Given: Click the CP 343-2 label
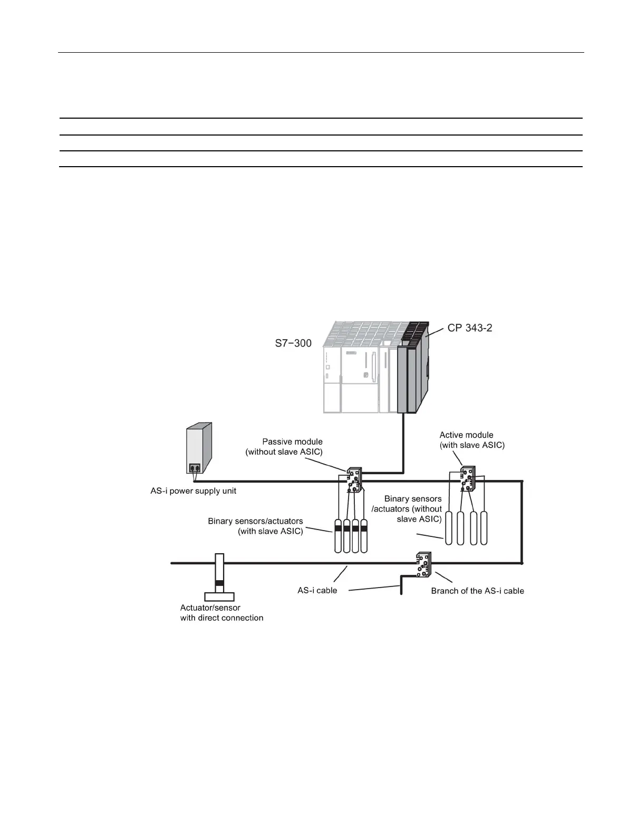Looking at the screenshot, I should point(470,328).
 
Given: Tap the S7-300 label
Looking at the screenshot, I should point(293,343).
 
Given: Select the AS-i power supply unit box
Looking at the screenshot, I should point(199,447).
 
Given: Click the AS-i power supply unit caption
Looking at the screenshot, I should point(194,491).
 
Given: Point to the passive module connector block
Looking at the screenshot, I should point(353,479).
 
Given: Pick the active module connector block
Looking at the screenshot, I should point(467,478).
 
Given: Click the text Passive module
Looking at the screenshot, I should point(292,441).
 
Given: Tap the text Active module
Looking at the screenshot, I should point(467,435).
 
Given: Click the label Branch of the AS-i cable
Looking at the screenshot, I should point(477,591).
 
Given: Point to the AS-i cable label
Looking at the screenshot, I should point(317,590).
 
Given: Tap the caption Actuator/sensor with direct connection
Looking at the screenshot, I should point(221,613).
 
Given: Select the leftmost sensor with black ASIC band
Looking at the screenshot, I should point(338,536).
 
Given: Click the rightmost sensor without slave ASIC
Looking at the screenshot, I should point(484,528).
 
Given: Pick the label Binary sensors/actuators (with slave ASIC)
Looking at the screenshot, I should point(255,526).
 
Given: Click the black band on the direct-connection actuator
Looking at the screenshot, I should point(219,583).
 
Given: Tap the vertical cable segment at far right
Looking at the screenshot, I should point(521,522).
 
